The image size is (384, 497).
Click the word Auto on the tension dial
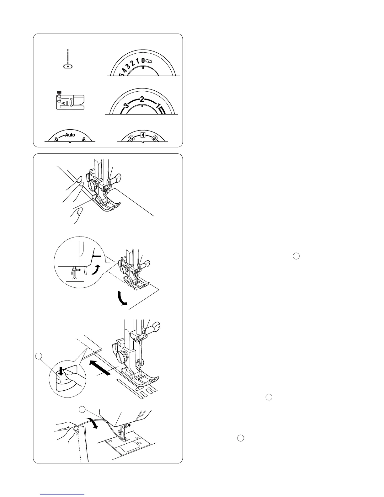point(70,135)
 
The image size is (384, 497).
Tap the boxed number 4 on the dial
point(143,135)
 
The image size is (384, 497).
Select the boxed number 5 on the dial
point(132,138)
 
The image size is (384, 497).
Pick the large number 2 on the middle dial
point(142,99)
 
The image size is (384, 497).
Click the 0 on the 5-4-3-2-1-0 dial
point(143,60)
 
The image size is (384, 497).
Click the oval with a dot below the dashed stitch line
point(68,67)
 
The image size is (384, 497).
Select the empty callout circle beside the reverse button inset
point(39,356)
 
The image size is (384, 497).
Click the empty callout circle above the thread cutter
point(82,409)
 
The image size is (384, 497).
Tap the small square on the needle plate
point(139,443)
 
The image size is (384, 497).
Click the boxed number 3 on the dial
point(154,138)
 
